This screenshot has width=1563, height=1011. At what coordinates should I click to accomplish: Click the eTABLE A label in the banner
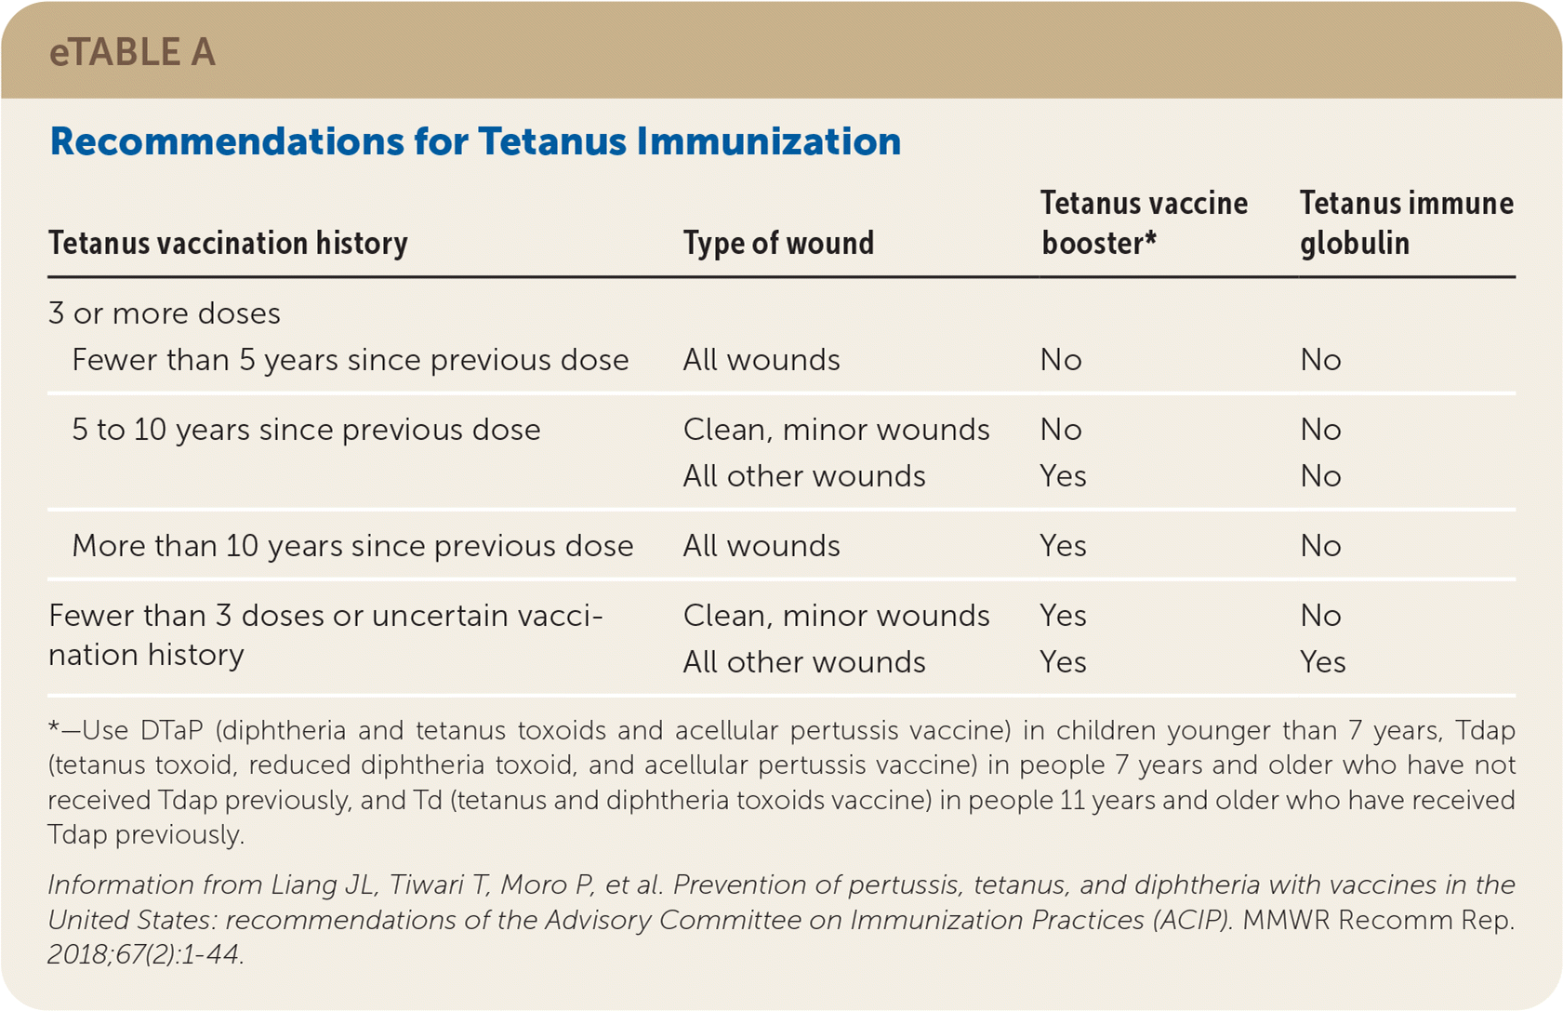click(x=132, y=52)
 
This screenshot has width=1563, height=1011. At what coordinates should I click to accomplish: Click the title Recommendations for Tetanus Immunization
click(x=475, y=141)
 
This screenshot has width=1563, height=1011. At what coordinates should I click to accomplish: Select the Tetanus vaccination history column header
click(x=228, y=244)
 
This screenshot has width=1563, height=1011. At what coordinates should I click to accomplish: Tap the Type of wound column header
click(x=778, y=243)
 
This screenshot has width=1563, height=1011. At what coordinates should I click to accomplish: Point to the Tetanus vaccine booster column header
click(x=1144, y=222)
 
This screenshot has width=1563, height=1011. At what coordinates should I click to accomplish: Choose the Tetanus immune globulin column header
click(x=1407, y=222)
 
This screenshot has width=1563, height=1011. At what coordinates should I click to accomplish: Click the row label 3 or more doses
click(x=164, y=313)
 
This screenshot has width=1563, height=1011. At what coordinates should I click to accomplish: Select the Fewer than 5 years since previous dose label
click(x=351, y=360)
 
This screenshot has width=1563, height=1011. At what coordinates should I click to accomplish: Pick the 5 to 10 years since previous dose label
click(x=306, y=430)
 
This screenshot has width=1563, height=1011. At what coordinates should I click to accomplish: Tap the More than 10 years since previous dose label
click(x=352, y=545)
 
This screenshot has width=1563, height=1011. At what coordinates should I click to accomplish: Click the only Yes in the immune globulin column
click(x=1322, y=661)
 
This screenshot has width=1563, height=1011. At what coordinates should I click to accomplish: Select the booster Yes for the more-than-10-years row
click(x=1063, y=545)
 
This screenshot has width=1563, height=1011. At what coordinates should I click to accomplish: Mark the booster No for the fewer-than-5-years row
click(x=1061, y=360)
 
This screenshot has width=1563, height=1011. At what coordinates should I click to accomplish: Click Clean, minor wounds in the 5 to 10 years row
click(x=836, y=430)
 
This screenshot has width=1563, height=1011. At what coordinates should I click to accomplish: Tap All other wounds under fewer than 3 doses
click(x=804, y=661)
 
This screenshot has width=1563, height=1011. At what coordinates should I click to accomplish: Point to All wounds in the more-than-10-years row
click(x=762, y=545)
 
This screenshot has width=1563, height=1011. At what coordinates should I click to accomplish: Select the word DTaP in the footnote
click(x=171, y=730)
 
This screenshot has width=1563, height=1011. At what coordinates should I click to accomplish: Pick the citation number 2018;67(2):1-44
click(x=146, y=953)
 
